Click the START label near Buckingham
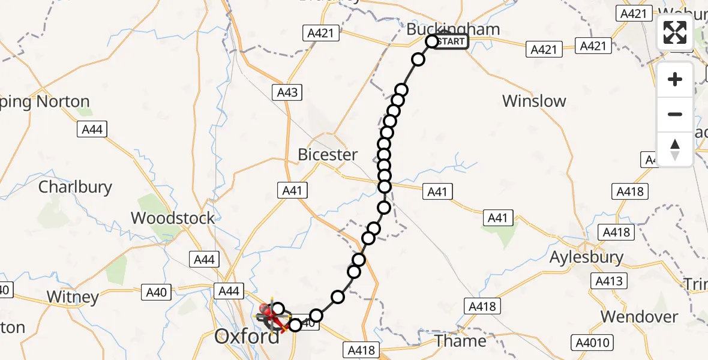(x=451, y=42)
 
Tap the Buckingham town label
(x=453, y=29)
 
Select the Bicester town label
(x=328, y=155)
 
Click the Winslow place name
(x=534, y=101)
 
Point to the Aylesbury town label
(x=587, y=257)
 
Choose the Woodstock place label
(x=173, y=218)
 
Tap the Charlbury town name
(x=75, y=187)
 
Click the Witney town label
(x=73, y=296)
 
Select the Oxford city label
(x=247, y=337)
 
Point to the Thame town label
(x=461, y=341)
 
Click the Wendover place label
(x=639, y=316)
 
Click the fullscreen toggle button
(x=675, y=32)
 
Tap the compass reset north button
(x=675, y=149)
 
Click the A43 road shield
(x=287, y=92)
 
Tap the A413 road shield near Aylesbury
(x=610, y=281)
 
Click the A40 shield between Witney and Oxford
(x=156, y=292)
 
